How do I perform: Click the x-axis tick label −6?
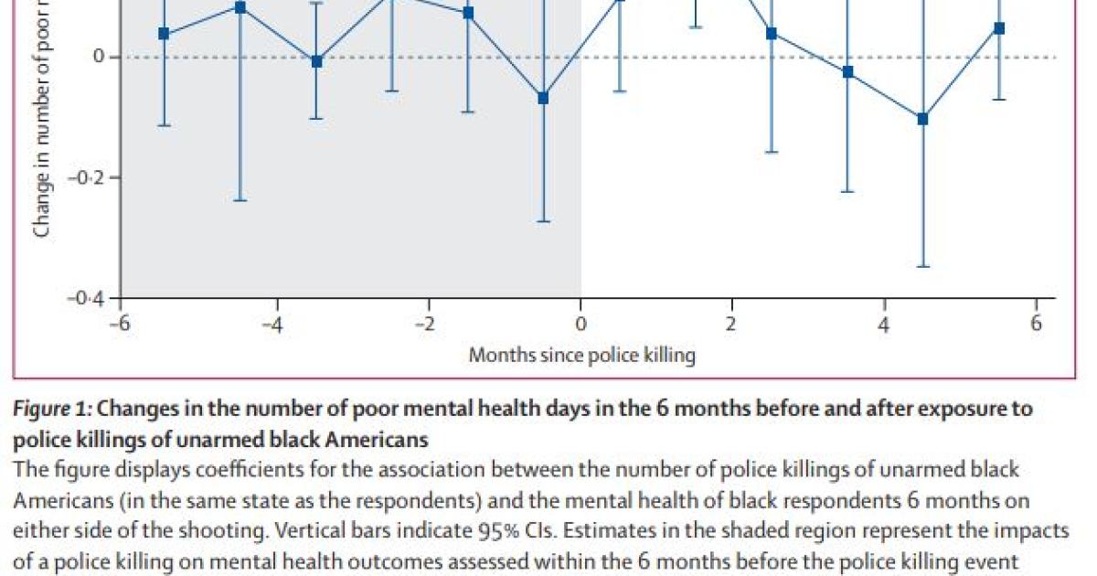click(119, 325)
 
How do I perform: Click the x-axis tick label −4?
click(271, 325)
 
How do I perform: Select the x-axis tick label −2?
click(422, 325)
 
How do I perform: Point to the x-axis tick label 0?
click(580, 325)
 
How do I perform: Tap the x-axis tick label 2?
click(731, 325)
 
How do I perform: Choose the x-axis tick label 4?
click(884, 325)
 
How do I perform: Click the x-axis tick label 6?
click(1036, 325)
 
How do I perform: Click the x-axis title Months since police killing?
click(581, 355)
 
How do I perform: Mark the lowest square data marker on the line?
click(922, 119)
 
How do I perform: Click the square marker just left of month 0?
click(543, 98)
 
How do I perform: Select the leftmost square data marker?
click(164, 34)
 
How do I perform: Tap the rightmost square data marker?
click(999, 28)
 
